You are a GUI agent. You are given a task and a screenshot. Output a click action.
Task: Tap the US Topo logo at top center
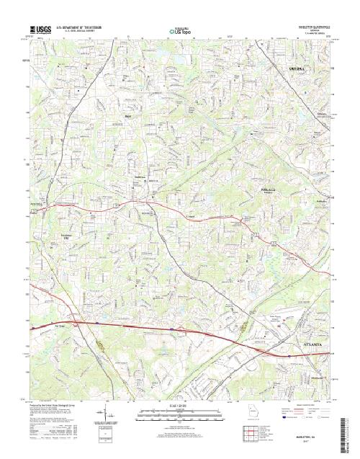(180, 31)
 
